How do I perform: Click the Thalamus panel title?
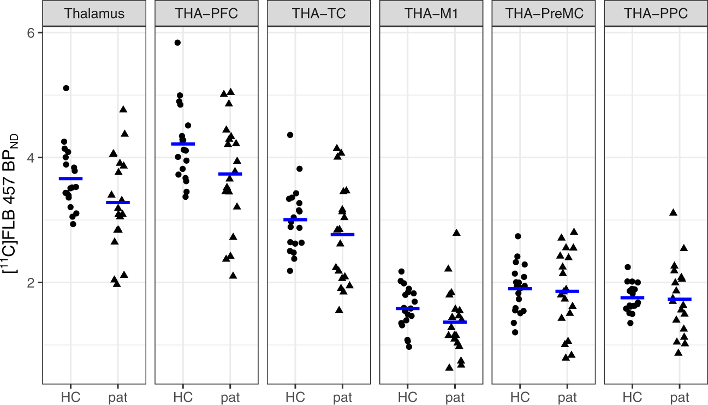[94, 14]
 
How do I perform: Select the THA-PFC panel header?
[206, 14]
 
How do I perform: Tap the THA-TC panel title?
[319, 14]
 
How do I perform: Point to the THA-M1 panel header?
[431, 14]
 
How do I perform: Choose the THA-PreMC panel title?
[544, 14]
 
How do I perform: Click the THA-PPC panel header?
[656, 14]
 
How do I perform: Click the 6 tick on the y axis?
[31, 33]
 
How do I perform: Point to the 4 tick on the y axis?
[31, 158]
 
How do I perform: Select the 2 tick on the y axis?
[31, 283]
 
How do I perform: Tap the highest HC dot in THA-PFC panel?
[177, 43]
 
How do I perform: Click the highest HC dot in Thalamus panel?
[66, 88]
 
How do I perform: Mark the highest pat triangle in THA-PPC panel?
[673, 212]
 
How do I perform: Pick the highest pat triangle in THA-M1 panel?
[456, 233]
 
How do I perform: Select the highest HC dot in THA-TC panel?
[290, 134]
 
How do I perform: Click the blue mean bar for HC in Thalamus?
[71, 178]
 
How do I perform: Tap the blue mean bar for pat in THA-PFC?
[230, 174]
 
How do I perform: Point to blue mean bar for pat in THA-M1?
[455, 322]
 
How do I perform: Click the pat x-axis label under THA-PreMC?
[568, 397]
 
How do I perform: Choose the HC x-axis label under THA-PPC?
[632, 397]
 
